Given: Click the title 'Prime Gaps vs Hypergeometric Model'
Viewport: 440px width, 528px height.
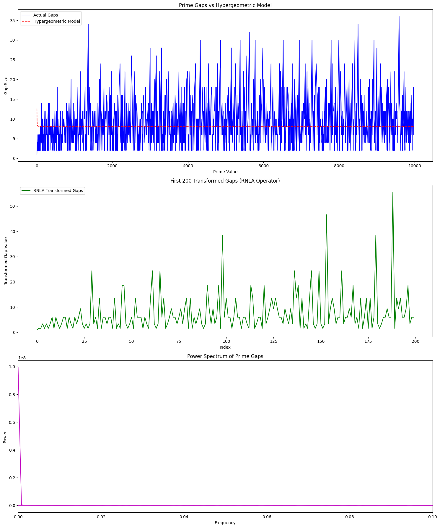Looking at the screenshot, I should point(225,5).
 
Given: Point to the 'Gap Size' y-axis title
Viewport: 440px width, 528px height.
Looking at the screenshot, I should point(6,86).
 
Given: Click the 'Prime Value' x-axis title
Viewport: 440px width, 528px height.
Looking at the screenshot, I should point(225,172).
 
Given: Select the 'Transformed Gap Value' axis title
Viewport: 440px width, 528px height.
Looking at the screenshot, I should point(6,261).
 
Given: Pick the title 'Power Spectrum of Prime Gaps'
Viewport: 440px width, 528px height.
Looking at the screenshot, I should point(225,356).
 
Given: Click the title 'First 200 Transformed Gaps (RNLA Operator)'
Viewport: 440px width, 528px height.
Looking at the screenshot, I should point(225,181).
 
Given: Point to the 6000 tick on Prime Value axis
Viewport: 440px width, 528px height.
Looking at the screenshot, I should point(263,166).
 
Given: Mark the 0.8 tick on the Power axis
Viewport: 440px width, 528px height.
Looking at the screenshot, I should point(12,394).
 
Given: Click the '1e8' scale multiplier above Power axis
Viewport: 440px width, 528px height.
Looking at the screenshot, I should point(22,358).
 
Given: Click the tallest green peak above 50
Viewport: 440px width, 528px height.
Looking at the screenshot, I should point(393,192).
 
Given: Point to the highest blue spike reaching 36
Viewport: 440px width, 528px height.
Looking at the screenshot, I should point(399,17).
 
